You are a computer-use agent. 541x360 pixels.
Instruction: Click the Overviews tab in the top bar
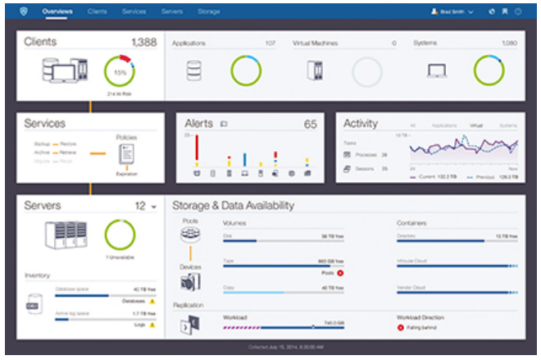pyautogui.click(x=57, y=12)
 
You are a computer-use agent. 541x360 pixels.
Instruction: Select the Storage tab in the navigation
pyautogui.click(x=208, y=12)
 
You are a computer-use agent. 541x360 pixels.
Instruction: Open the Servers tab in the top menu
pyautogui.click(x=172, y=12)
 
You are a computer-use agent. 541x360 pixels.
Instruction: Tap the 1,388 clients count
pyautogui.click(x=144, y=41)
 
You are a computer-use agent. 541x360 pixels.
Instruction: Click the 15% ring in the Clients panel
pyautogui.click(x=120, y=72)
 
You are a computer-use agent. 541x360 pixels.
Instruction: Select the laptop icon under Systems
pyautogui.click(x=436, y=72)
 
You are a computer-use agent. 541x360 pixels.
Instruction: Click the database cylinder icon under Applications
pyautogui.click(x=193, y=72)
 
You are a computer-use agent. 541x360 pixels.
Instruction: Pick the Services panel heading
pyautogui.click(x=45, y=124)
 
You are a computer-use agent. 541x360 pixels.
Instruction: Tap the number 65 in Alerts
pyautogui.click(x=310, y=125)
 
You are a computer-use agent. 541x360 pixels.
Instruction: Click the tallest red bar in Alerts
pyautogui.click(x=196, y=149)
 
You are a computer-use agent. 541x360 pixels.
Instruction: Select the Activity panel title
pyautogui.click(x=361, y=124)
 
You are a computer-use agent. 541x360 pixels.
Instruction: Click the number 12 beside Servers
pyautogui.click(x=140, y=205)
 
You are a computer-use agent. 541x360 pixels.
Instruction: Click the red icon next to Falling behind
pyautogui.click(x=401, y=327)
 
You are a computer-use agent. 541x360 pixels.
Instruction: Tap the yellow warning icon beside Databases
pyautogui.click(x=152, y=300)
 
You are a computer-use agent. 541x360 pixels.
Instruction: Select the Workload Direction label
pyautogui.click(x=421, y=316)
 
